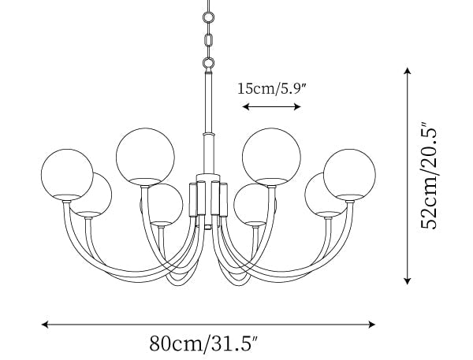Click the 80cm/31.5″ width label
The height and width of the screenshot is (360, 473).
[204, 343]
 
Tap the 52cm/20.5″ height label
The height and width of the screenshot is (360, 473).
[429, 176]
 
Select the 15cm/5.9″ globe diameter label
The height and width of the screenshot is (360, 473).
[272, 89]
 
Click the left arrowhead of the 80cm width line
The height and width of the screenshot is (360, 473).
[45, 325]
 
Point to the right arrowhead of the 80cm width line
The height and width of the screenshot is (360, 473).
[372, 325]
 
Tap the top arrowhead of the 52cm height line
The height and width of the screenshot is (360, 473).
[408, 71]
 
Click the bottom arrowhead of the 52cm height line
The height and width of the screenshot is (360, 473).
[408, 281]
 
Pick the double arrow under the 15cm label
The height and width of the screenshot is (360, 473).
[271, 106]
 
